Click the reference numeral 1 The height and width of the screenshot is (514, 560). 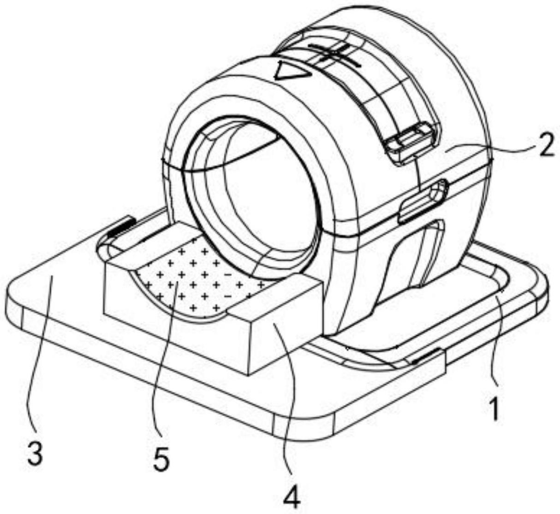coord(494,409)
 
